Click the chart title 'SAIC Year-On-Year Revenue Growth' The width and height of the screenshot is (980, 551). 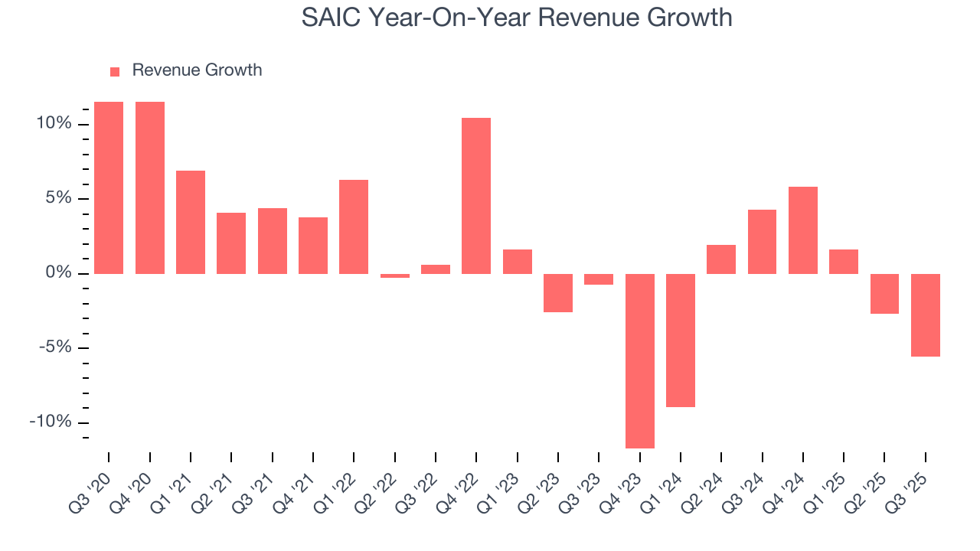pos(517,17)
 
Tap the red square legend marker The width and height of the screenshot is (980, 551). pos(115,71)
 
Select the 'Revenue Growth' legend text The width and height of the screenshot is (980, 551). pos(197,70)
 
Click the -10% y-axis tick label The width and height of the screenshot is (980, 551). pos(51,422)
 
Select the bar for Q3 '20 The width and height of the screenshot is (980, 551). pos(109,187)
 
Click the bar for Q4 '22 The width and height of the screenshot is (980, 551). pos(476,196)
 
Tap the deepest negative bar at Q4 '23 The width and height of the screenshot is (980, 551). pos(640,360)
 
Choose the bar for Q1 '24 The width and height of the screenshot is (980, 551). pos(681,340)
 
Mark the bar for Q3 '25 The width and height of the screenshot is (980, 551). pos(926,315)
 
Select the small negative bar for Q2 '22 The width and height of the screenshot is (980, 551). pos(395,275)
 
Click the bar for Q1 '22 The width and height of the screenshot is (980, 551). pos(354,227)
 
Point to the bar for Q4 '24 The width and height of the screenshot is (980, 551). pos(803,230)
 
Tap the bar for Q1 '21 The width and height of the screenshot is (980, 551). pos(191,222)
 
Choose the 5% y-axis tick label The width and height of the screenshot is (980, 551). pos(57,198)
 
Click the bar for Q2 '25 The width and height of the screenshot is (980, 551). pos(884,293)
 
